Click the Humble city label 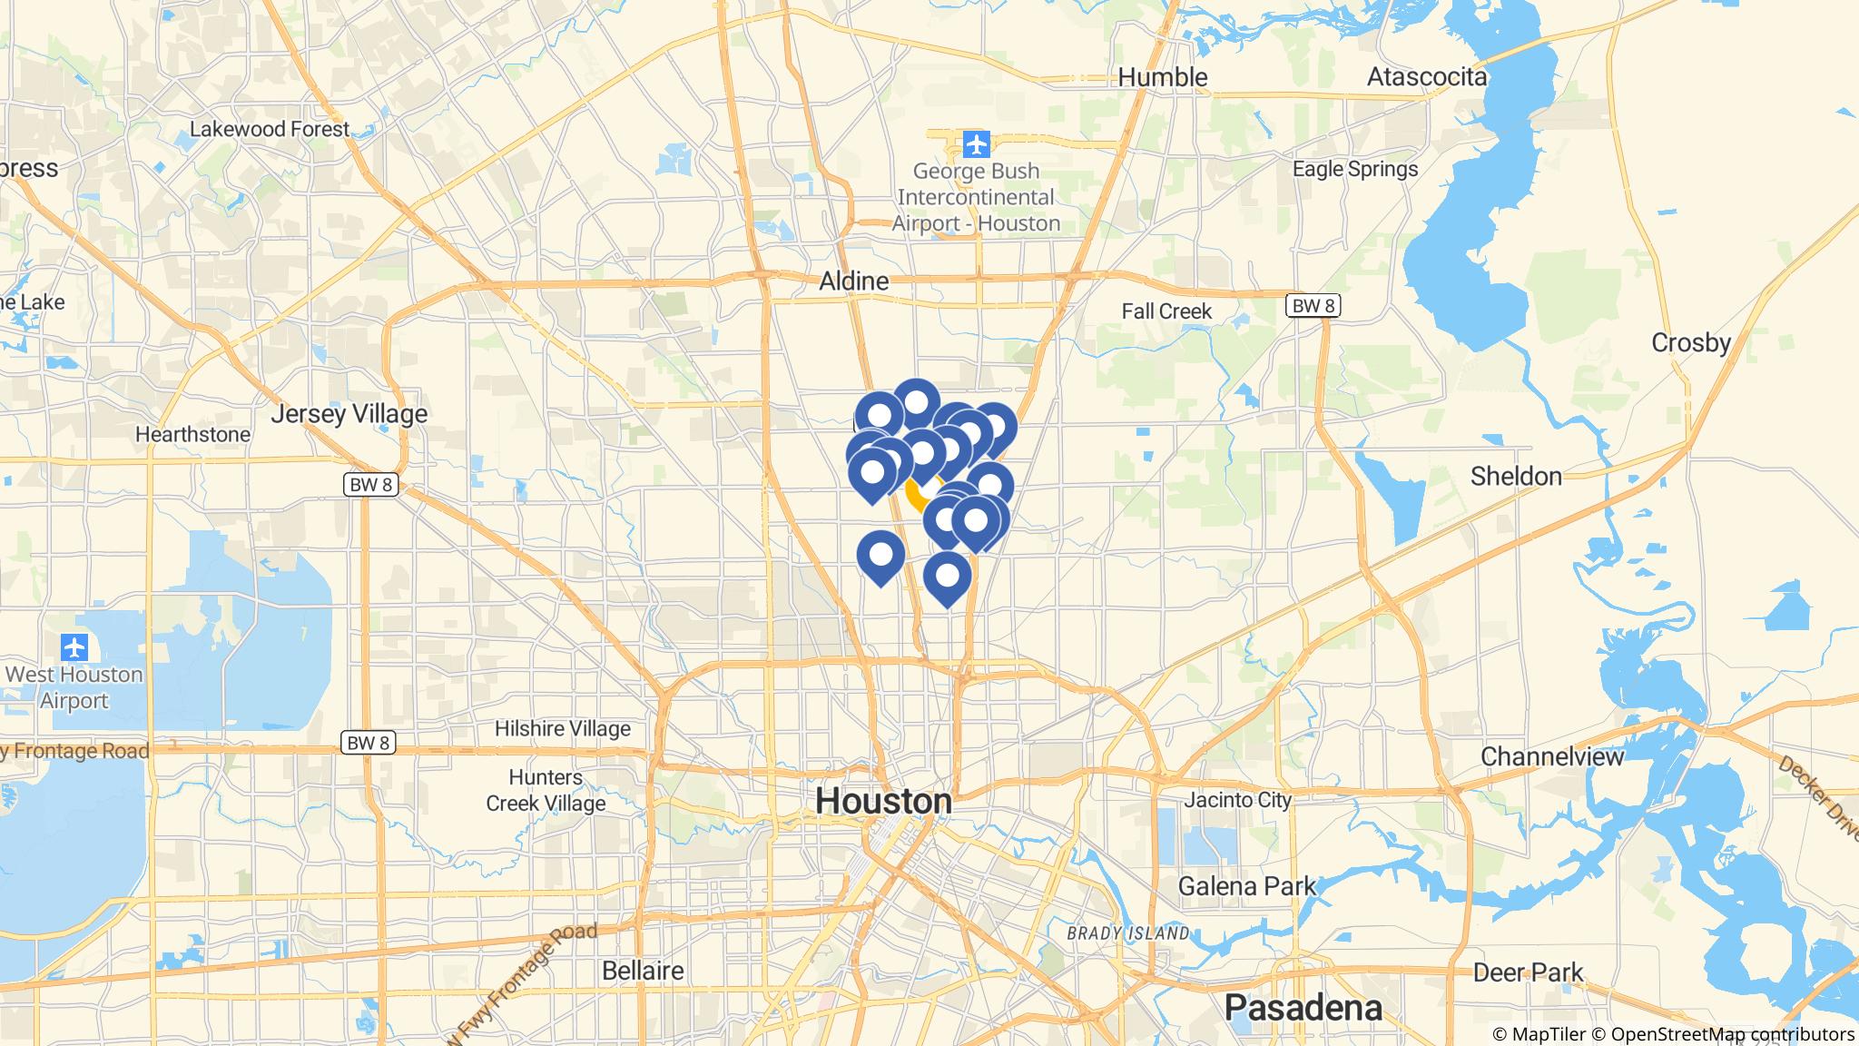point(1162,77)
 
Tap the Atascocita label point(1427,77)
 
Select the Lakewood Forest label point(270,129)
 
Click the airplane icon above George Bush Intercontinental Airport point(976,143)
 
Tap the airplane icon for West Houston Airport point(74,648)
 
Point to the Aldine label point(853,281)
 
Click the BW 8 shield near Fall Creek point(1313,306)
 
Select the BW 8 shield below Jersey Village point(370,484)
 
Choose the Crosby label point(1691,342)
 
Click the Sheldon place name point(1516,476)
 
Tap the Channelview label point(1551,755)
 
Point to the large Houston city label point(883,801)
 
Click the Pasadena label point(1303,1007)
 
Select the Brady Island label point(1127,933)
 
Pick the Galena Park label point(1246,885)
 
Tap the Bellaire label point(643,970)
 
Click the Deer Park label point(1528,972)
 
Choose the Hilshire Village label point(562,728)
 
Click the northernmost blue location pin point(916,401)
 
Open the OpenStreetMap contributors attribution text point(1731,1034)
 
